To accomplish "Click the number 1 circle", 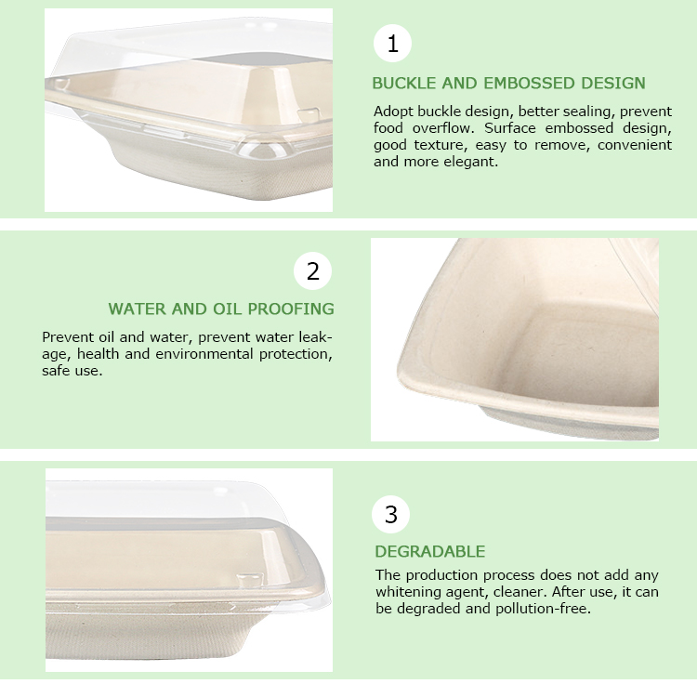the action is click(x=392, y=44).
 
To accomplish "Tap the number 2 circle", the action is click(x=312, y=270).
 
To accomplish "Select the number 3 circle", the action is click(x=390, y=514).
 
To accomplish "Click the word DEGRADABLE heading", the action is click(x=430, y=551).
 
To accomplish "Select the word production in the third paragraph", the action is click(x=441, y=575).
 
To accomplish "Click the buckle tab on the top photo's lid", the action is click(x=309, y=113).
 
